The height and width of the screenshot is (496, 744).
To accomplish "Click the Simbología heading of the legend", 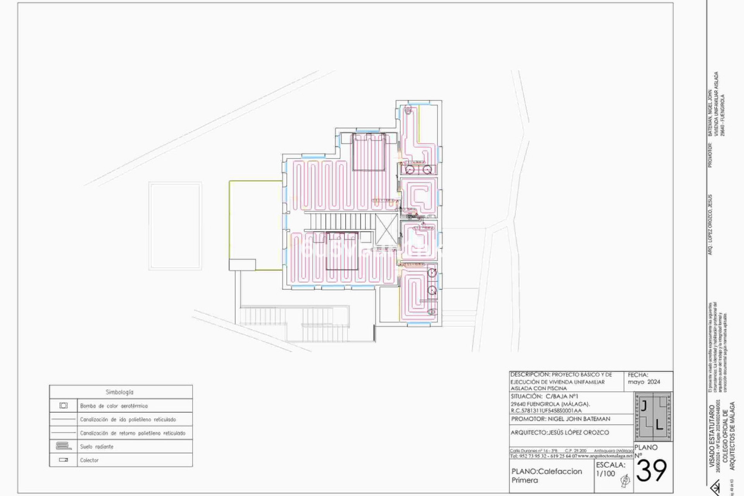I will tap(119, 392).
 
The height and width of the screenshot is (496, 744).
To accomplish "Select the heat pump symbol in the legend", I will tap(64, 406).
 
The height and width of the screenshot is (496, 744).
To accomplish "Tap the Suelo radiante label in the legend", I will tap(96, 447).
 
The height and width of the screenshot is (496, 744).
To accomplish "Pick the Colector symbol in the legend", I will tap(64, 460).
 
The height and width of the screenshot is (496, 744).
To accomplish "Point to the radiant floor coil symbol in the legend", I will tap(64, 446).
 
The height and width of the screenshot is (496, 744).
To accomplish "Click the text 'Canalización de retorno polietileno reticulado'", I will tap(133, 433).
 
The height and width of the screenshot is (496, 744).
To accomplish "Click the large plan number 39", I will tap(652, 471).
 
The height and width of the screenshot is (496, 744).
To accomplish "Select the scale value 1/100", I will tap(605, 474).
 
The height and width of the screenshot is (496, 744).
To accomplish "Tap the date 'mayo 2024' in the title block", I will tap(644, 382).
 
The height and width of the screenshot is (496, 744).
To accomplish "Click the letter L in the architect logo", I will tap(659, 425).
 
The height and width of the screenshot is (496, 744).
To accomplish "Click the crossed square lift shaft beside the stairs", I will tap(386, 229).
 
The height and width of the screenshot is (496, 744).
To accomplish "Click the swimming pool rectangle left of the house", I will tap(175, 226).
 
